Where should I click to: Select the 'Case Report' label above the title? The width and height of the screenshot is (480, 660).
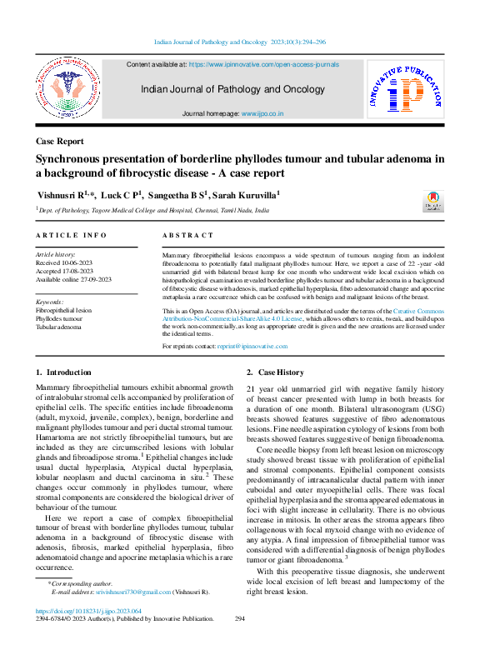[59, 142]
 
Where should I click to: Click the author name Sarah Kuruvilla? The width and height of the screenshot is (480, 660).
[245, 195]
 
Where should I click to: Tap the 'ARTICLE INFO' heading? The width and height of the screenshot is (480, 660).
[72, 236]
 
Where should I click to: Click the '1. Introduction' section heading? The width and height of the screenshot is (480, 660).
[64, 372]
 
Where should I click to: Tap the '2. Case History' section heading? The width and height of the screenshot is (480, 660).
[276, 372]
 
